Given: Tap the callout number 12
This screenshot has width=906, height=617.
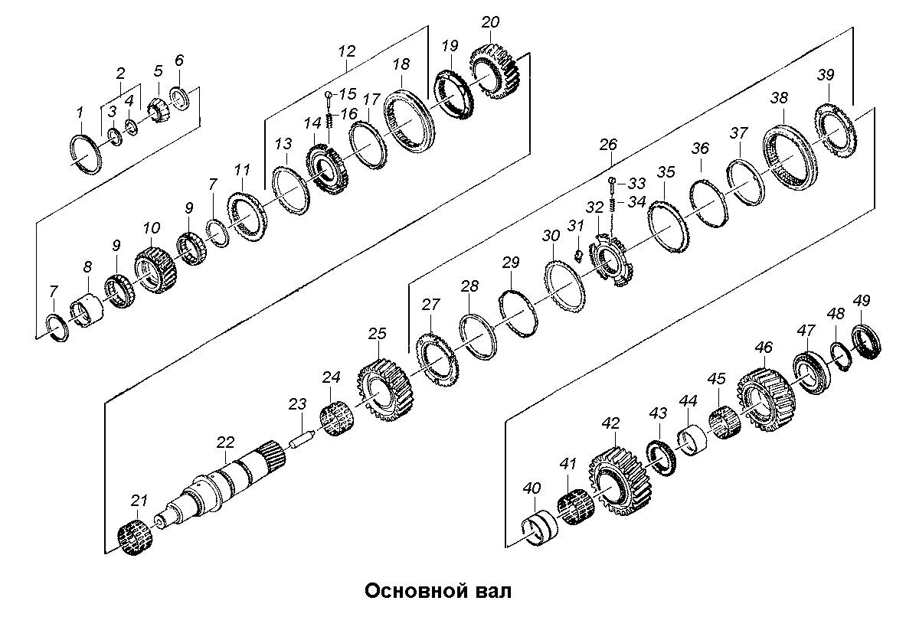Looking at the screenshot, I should click(x=346, y=52).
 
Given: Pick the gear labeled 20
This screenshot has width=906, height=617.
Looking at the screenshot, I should click(x=495, y=72).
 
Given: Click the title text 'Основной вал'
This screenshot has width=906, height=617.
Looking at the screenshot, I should click(x=436, y=591).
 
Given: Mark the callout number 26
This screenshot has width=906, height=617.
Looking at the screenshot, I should click(x=608, y=143).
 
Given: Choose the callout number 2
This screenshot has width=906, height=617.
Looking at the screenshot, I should click(x=120, y=73).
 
